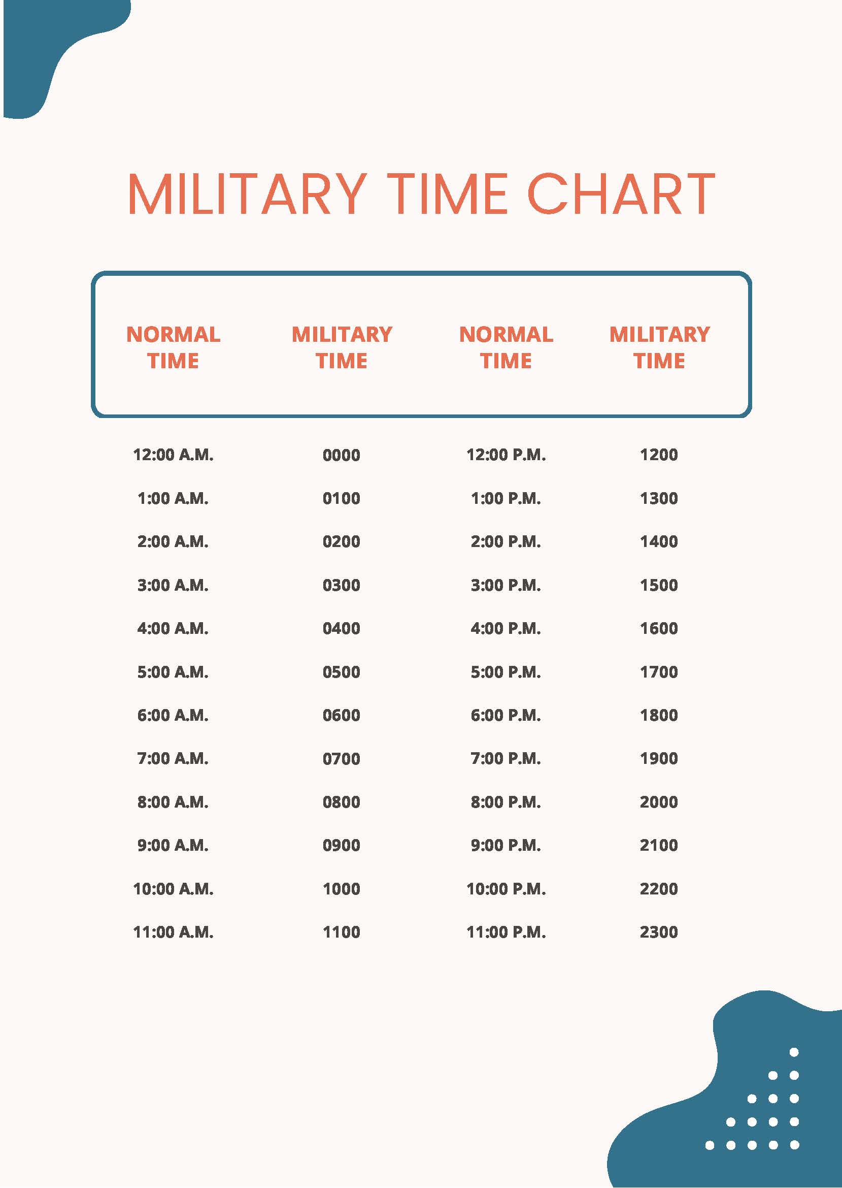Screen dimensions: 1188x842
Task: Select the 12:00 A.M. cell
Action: point(173,455)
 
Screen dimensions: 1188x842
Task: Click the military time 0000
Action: point(341,456)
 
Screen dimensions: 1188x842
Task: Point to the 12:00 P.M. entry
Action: point(506,455)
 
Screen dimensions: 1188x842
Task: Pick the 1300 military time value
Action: point(658,499)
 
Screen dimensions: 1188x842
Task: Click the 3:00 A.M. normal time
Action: point(173,585)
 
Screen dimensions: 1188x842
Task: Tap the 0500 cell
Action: point(341,672)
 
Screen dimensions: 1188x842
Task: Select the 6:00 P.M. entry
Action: point(506,716)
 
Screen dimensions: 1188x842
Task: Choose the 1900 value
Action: point(658,758)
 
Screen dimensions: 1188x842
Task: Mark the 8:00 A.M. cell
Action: point(173,802)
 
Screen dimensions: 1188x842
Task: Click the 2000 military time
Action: point(658,802)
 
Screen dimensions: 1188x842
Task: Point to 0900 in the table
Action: point(341,845)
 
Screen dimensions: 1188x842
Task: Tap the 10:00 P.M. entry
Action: point(506,889)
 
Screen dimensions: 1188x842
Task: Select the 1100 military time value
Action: point(341,932)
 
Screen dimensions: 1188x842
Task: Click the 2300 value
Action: point(658,932)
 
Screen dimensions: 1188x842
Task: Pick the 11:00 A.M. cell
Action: point(173,932)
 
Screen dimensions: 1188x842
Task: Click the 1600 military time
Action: point(658,628)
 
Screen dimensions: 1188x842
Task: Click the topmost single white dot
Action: point(794,1052)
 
